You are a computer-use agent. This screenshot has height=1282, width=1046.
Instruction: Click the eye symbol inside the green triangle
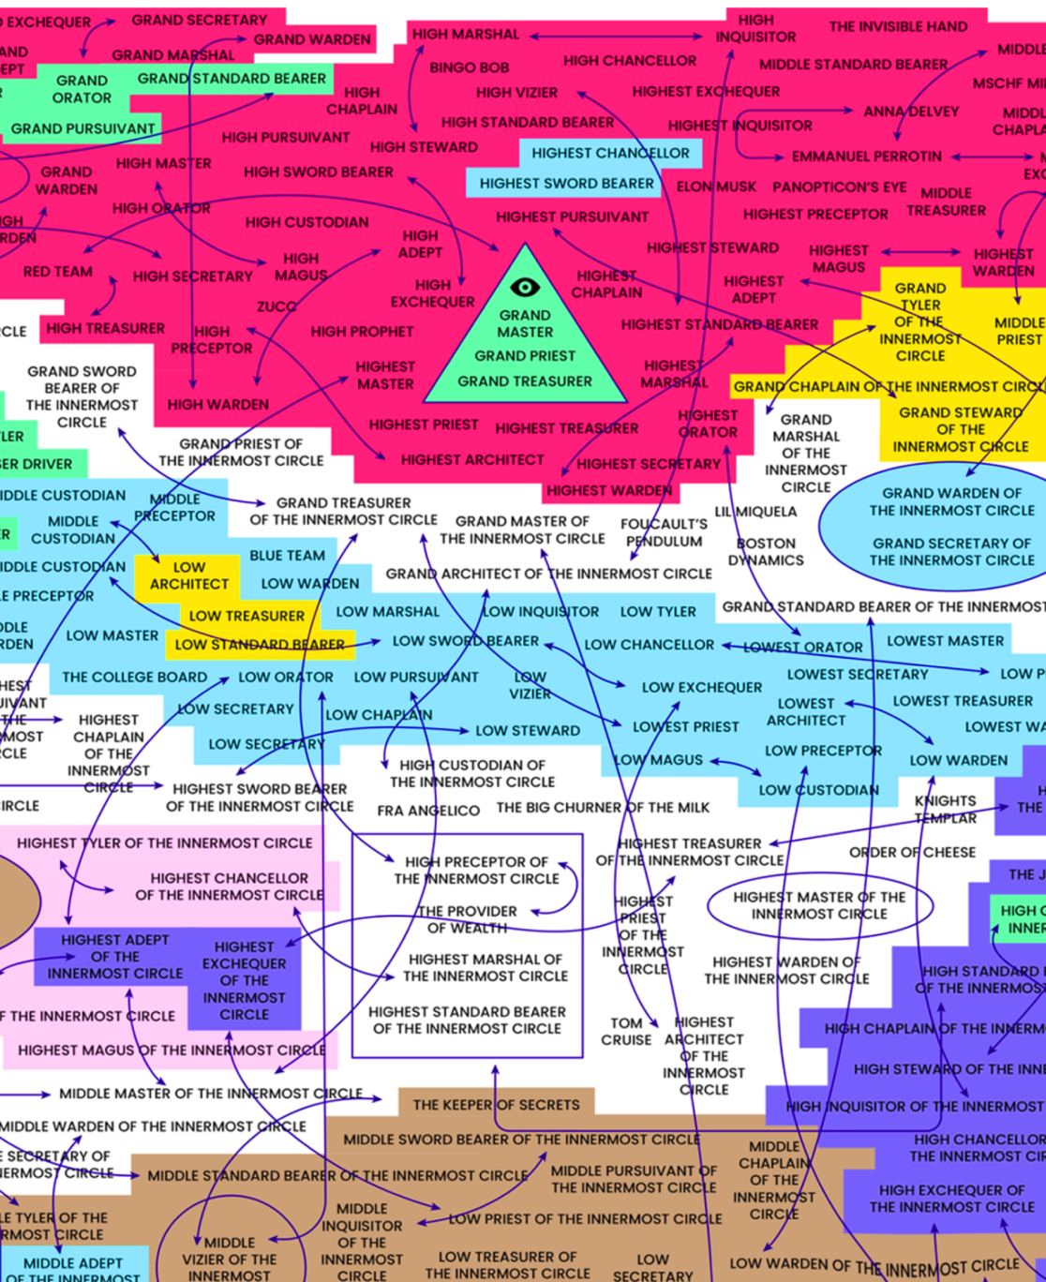(525, 287)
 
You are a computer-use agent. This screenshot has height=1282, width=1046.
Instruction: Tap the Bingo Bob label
(470, 67)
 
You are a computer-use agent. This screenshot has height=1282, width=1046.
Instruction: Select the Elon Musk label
(716, 186)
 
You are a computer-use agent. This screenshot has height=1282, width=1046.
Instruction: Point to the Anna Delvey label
(911, 112)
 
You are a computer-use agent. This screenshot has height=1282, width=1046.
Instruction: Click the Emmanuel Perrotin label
(866, 157)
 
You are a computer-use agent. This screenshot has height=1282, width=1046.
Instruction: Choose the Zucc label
(276, 306)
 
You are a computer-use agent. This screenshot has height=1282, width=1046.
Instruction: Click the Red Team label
(58, 272)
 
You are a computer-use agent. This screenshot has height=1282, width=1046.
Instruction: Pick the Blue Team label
(287, 555)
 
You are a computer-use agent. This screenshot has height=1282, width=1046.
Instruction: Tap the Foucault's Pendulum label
(664, 532)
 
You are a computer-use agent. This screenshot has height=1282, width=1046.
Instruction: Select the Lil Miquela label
(755, 512)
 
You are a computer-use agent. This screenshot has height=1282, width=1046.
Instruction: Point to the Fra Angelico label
(428, 810)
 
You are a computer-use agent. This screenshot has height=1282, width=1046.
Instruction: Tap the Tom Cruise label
(626, 1031)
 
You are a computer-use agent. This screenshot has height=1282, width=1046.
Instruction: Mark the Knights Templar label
(945, 809)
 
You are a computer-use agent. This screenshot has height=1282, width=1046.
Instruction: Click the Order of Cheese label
(912, 852)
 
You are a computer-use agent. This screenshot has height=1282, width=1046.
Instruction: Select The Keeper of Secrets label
(496, 1105)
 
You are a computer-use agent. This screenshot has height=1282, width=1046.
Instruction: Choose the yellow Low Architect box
(188, 575)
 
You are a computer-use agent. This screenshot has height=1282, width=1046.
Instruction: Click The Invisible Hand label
(897, 26)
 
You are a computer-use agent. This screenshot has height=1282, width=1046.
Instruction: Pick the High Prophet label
(362, 331)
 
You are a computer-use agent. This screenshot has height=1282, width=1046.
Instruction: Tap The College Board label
(135, 677)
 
